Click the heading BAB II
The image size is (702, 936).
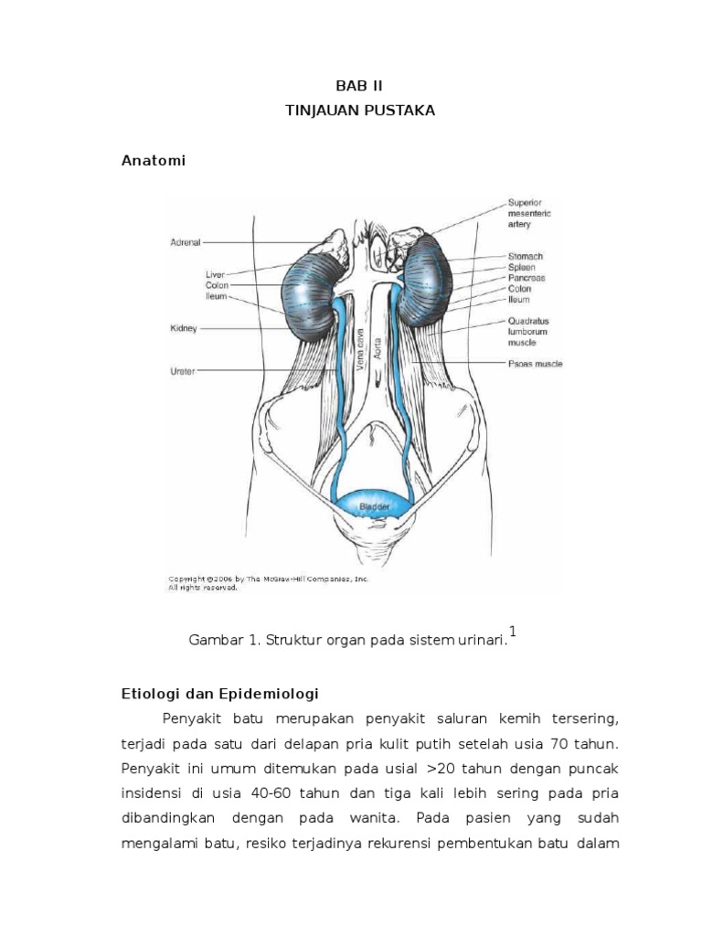point(351,86)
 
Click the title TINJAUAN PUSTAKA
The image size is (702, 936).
point(350,110)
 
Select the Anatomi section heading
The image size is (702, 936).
point(154,161)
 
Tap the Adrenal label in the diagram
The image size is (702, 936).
point(185,243)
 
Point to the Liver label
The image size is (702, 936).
point(216,273)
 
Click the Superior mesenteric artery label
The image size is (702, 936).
point(529,213)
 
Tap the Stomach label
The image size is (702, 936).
point(526,256)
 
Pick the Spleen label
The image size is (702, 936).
point(523,267)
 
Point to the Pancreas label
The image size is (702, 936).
point(526,278)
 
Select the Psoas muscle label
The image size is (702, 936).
point(535,364)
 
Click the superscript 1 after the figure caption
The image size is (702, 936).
point(513,632)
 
